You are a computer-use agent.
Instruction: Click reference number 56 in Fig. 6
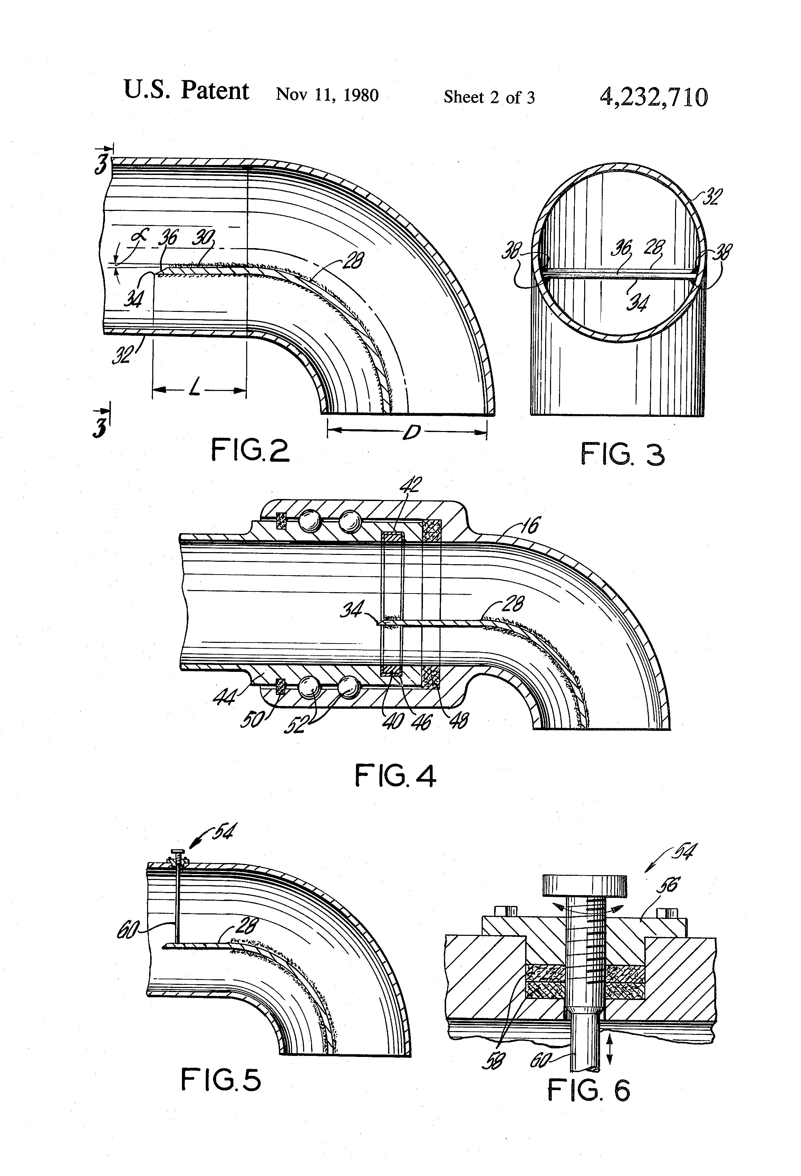click(x=668, y=885)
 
